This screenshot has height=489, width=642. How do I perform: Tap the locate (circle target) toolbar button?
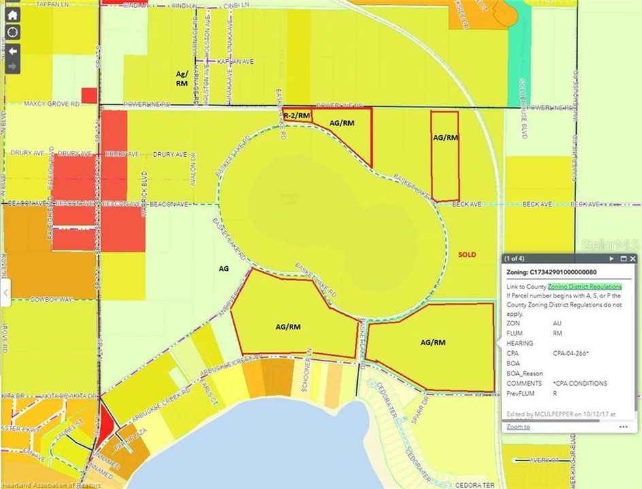click(13, 33)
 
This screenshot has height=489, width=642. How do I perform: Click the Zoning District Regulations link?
click(584, 287)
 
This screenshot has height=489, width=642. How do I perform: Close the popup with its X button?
click(632, 259)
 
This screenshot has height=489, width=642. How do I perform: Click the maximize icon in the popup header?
click(622, 259)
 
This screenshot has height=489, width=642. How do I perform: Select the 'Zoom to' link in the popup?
click(518, 427)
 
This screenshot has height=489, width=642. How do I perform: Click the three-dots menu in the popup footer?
click(623, 427)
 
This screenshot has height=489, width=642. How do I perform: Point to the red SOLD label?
click(467, 255)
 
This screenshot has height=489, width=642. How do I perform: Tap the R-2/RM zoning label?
click(297, 116)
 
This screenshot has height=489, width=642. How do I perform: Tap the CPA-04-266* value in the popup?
click(571, 353)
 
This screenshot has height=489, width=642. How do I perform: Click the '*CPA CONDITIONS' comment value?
click(580, 383)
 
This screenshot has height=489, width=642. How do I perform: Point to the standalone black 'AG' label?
click(223, 269)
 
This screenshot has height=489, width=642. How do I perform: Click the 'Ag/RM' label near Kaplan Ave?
click(182, 77)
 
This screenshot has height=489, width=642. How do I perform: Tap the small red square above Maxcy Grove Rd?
click(89, 95)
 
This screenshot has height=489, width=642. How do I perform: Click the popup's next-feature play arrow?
click(611, 259)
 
